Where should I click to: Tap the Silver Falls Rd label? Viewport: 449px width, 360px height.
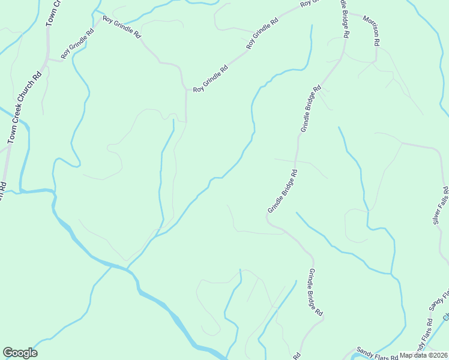click(x=441, y=205)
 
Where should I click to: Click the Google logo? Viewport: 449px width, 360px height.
click(x=20, y=353)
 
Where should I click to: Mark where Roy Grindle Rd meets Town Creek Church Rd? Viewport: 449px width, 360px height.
click(x=48, y=59)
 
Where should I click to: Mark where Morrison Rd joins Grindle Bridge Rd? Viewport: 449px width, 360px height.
click(x=347, y=13)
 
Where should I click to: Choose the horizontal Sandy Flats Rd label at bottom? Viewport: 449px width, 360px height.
click(x=378, y=353)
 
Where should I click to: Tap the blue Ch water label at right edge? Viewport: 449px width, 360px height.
click(x=445, y=316)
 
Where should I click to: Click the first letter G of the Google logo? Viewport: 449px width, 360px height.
click(x=8, y=353)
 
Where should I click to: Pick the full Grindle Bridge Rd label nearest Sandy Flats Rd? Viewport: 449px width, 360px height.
click(x=316, y=293)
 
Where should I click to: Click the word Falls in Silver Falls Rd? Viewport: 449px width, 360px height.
click(x=442, y=203)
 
